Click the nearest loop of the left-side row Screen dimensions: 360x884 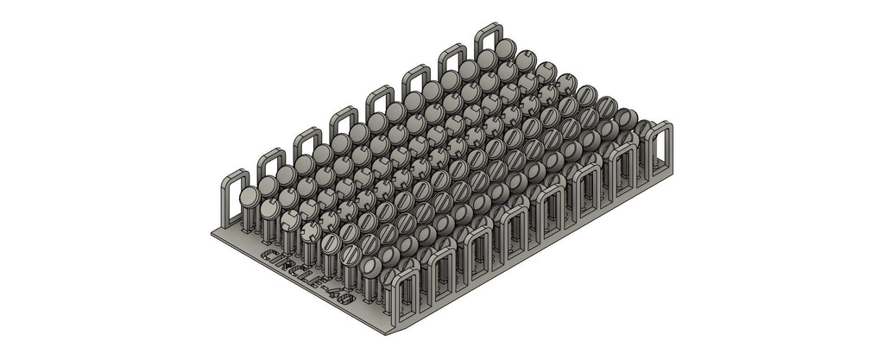[x=235, y=197]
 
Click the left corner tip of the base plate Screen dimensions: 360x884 [x=212, y=232]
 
